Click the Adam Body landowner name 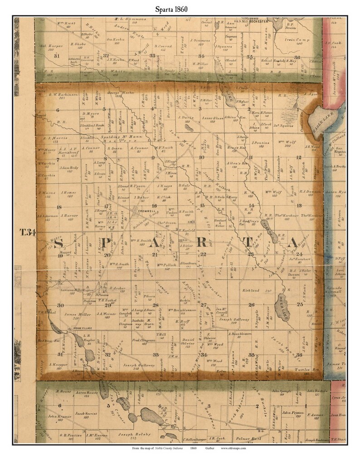point(70,167)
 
